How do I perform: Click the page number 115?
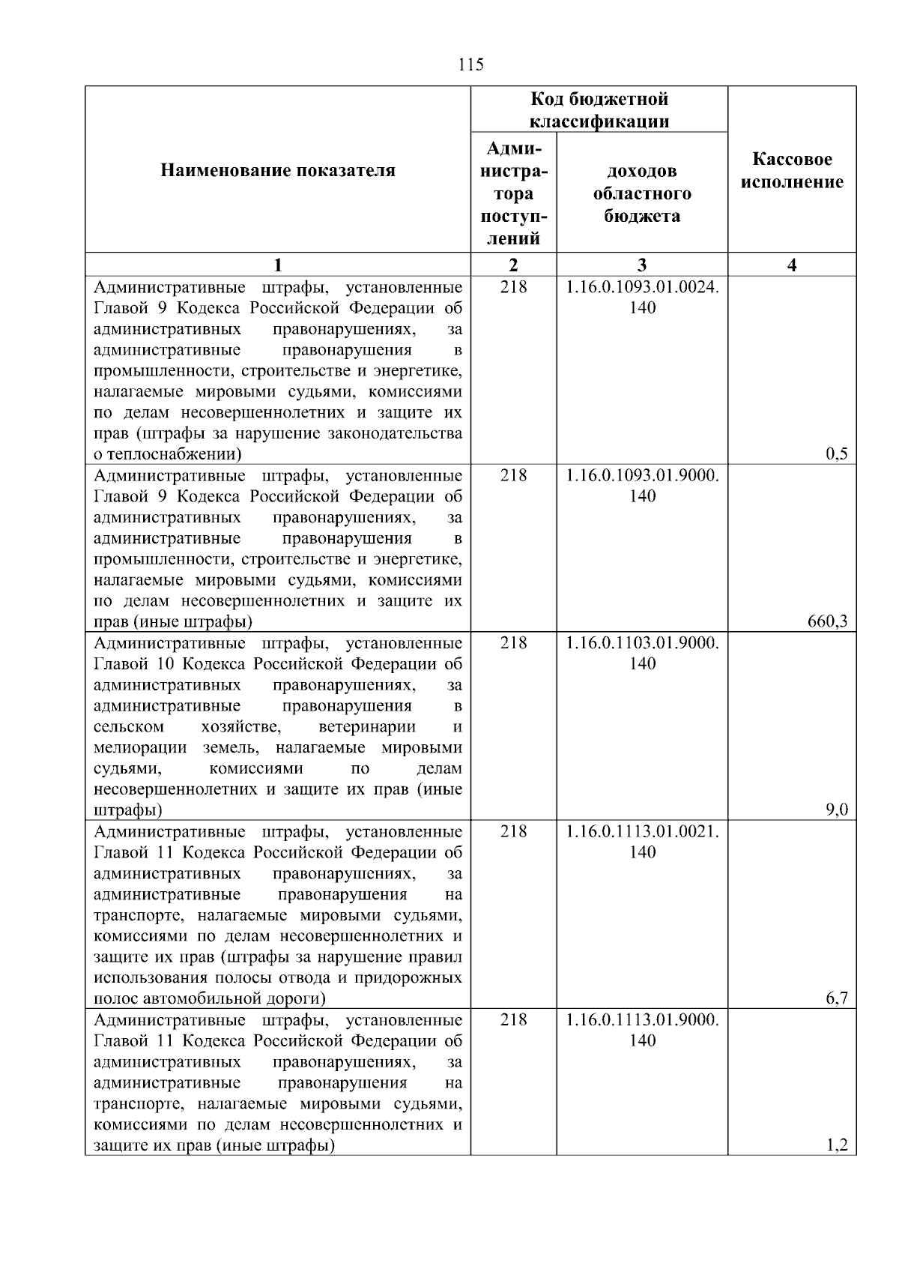[470, 64]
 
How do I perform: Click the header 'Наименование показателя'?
[278, 171]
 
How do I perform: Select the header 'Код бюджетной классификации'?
[599, 110]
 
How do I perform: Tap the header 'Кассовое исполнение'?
[792, 171]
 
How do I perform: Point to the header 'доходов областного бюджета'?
[642, 193]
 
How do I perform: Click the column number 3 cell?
[642, 265]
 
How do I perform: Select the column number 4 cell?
[792, 265]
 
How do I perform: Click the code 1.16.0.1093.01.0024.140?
[642, 298]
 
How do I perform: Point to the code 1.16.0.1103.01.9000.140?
[642, 653]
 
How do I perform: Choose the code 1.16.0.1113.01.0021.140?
[642, 842]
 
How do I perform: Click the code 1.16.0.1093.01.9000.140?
[642, 486]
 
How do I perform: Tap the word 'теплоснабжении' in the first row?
[172, 454]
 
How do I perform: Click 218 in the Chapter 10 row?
[513, 643]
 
